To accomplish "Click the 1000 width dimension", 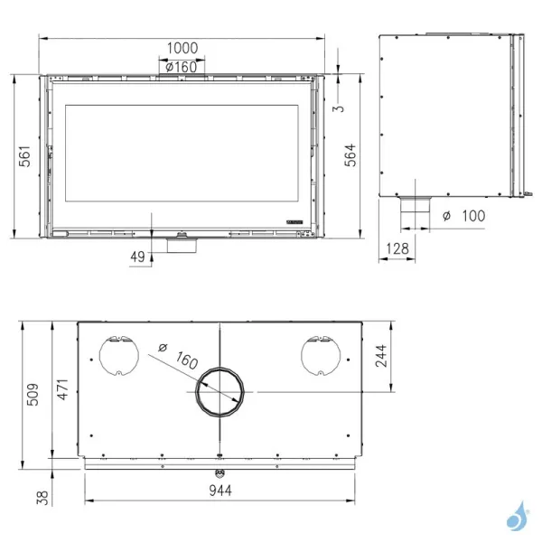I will tap(182, 46).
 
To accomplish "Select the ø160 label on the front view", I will tap(182, 67).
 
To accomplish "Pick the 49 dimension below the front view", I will tap(137, 257).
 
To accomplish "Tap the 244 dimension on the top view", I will tap(381, 357).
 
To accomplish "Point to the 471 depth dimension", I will tap(62, 388).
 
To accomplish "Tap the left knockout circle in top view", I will tap(116, 354).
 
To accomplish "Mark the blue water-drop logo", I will tap(518, 516).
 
